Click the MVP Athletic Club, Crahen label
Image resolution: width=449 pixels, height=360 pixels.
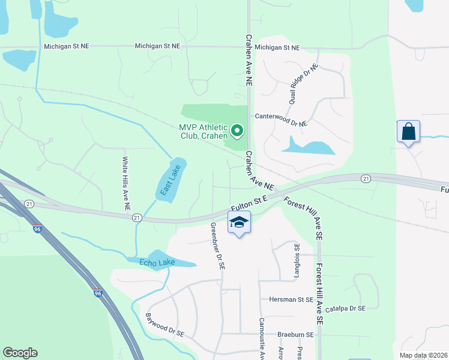click(x=203, y=131)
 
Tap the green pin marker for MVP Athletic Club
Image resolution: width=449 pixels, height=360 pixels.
click(x=237, y=130)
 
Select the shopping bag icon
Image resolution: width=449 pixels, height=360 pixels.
click(x=408, y=131)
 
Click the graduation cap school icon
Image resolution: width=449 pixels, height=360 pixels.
click(x=240, y=223)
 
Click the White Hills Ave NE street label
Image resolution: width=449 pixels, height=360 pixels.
click(x=125, y=183)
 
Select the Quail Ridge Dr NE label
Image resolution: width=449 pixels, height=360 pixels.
click(x=303, y=85)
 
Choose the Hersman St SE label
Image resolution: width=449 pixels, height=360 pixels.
click(x=291, y=299)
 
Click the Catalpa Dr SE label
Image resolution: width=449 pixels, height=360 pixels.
click(x=349, y=308)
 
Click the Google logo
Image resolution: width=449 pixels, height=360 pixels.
click(x=20, y=353)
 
